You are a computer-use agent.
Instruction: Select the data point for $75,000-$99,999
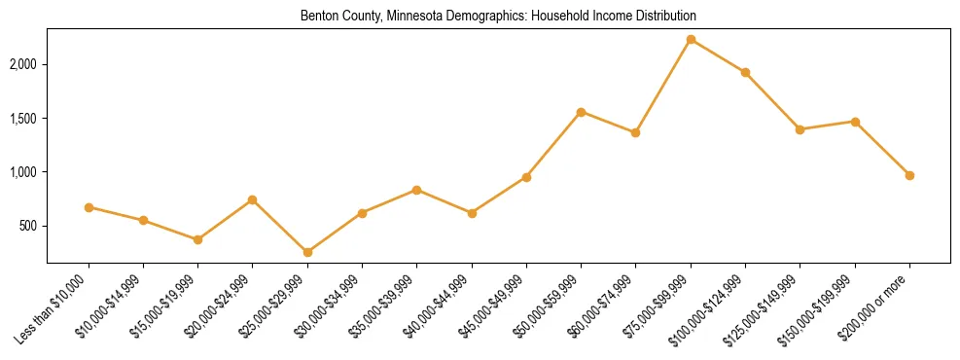tap(691, 40)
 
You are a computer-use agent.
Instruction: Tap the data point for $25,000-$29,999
tap(307, 252)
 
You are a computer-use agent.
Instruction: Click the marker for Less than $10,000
tap(89, 207)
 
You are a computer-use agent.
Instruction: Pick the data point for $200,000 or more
tap(909, 175)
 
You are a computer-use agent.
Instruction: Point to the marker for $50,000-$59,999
tap(581, 112)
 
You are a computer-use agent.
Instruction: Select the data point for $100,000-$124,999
tap(745, 72)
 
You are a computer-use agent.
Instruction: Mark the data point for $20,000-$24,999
tap(252, 199)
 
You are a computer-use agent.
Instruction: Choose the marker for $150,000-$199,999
tap(855, 122)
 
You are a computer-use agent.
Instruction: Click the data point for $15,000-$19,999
tap(197, 239)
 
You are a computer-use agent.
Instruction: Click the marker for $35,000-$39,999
tap(416, 190)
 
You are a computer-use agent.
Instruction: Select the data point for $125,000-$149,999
tap(800, 129)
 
